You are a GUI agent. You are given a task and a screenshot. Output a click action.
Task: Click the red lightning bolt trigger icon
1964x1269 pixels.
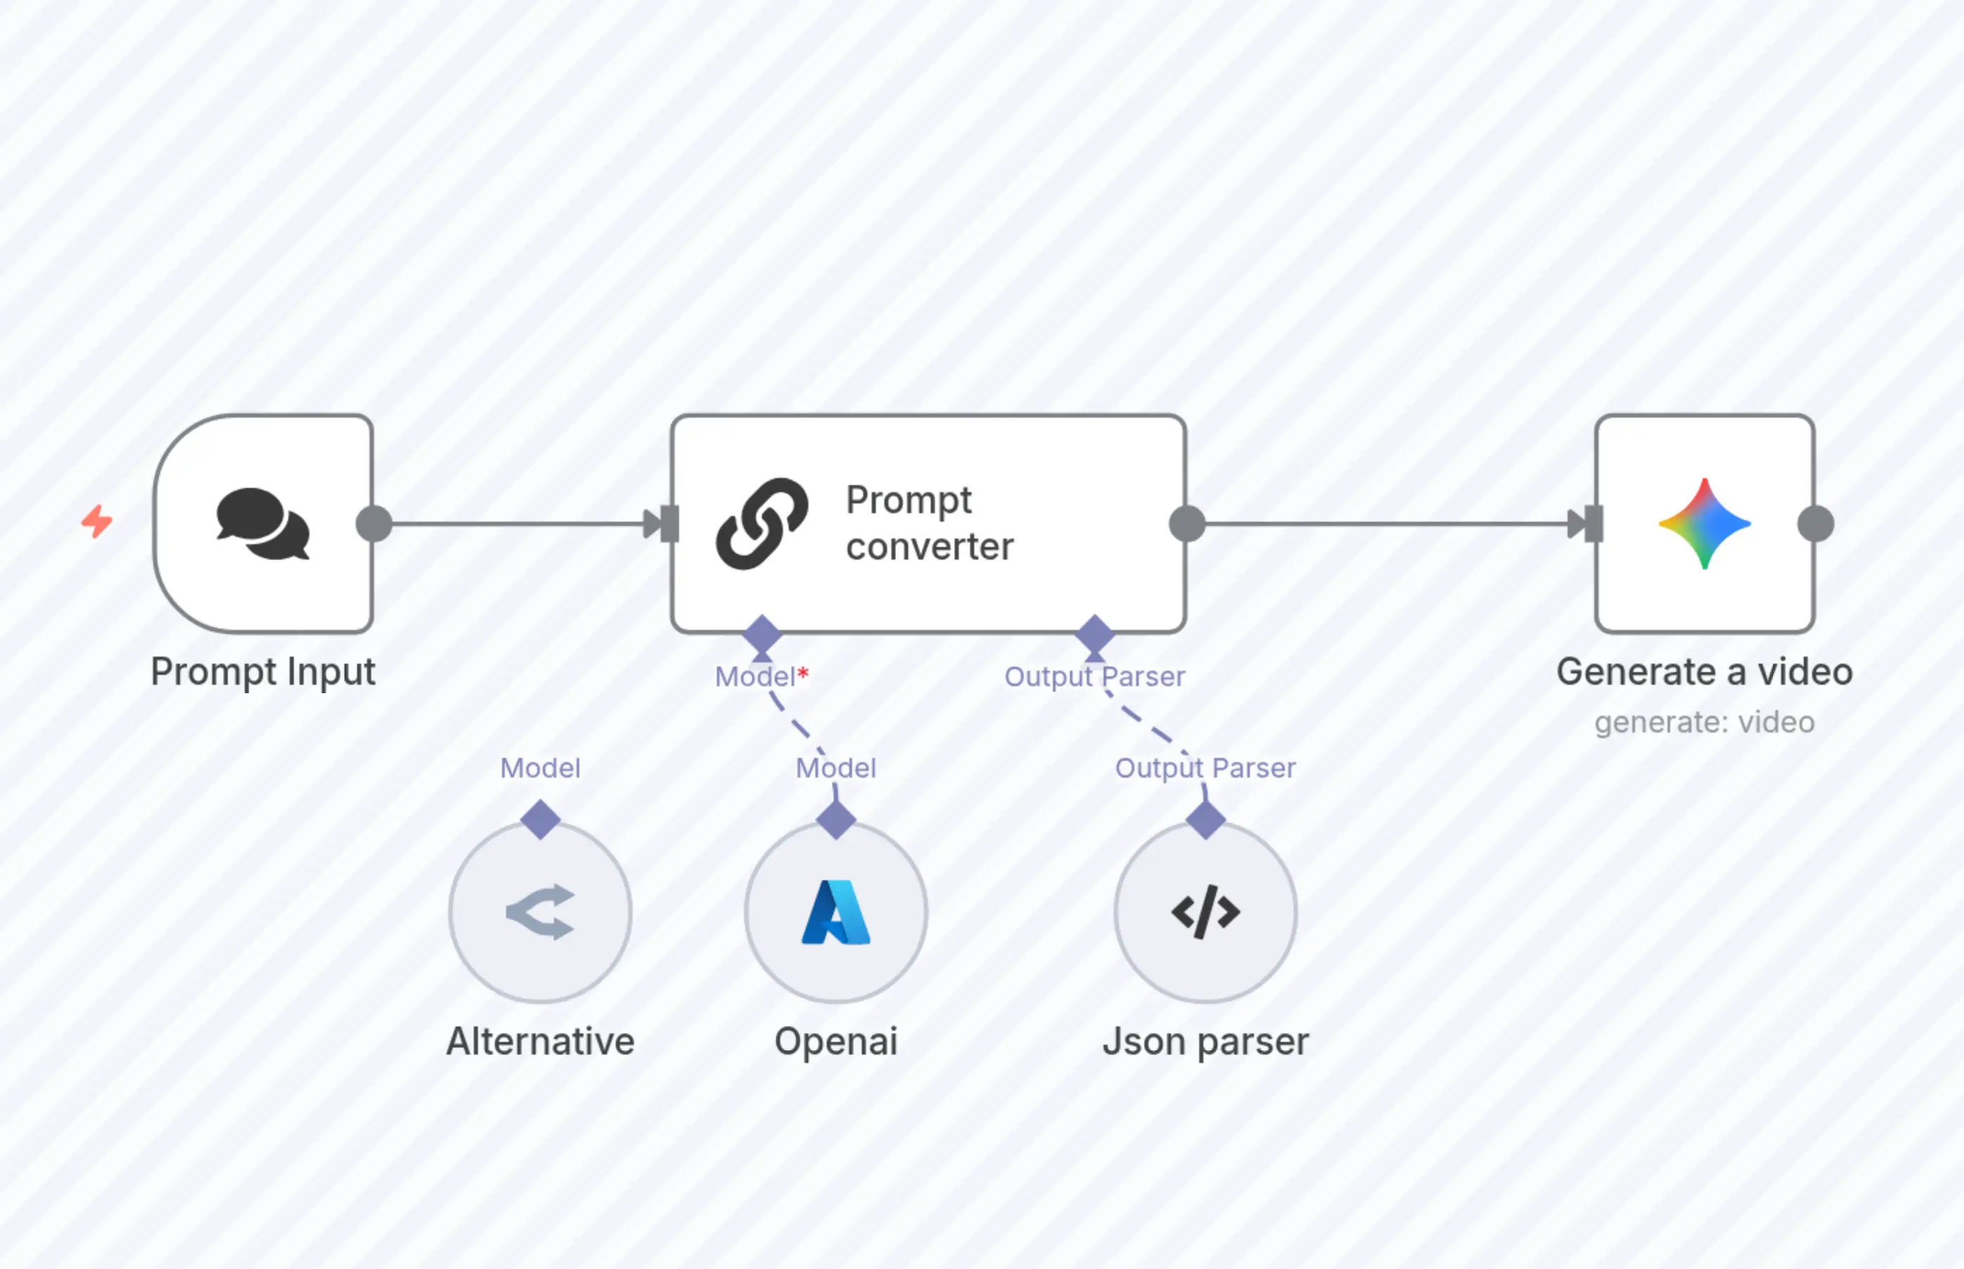97,522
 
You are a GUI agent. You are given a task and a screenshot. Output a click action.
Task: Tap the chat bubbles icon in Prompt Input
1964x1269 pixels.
263,524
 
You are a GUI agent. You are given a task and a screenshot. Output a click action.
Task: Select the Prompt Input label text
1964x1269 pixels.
263,671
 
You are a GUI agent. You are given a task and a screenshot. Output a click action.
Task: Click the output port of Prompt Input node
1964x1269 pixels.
374,524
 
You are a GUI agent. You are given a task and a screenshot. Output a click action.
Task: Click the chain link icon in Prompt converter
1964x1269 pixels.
762,524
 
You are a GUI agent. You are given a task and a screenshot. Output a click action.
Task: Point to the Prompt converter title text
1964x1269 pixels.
929,523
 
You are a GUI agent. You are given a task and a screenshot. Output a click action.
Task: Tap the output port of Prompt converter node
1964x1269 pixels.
1187,524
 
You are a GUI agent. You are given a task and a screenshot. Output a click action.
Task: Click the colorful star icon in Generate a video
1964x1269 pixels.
1705,524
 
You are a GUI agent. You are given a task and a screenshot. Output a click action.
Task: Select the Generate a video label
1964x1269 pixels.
1705,671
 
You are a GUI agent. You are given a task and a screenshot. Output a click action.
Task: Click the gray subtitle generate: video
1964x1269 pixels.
1705,723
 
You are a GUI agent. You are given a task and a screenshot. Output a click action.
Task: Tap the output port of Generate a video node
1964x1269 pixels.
1816,524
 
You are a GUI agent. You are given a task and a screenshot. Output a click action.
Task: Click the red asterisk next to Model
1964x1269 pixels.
803,674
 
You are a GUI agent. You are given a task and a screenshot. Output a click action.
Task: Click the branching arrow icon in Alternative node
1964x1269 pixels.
541,912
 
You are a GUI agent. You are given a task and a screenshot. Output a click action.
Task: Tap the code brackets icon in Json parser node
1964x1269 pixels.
1206,912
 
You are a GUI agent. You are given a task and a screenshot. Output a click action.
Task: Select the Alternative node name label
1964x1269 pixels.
541,1042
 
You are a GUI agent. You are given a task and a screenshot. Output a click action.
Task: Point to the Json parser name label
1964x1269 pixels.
1206,1042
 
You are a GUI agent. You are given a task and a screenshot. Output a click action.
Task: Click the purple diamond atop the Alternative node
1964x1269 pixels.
541,819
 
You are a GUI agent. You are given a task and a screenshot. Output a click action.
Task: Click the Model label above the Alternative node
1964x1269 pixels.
541,768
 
